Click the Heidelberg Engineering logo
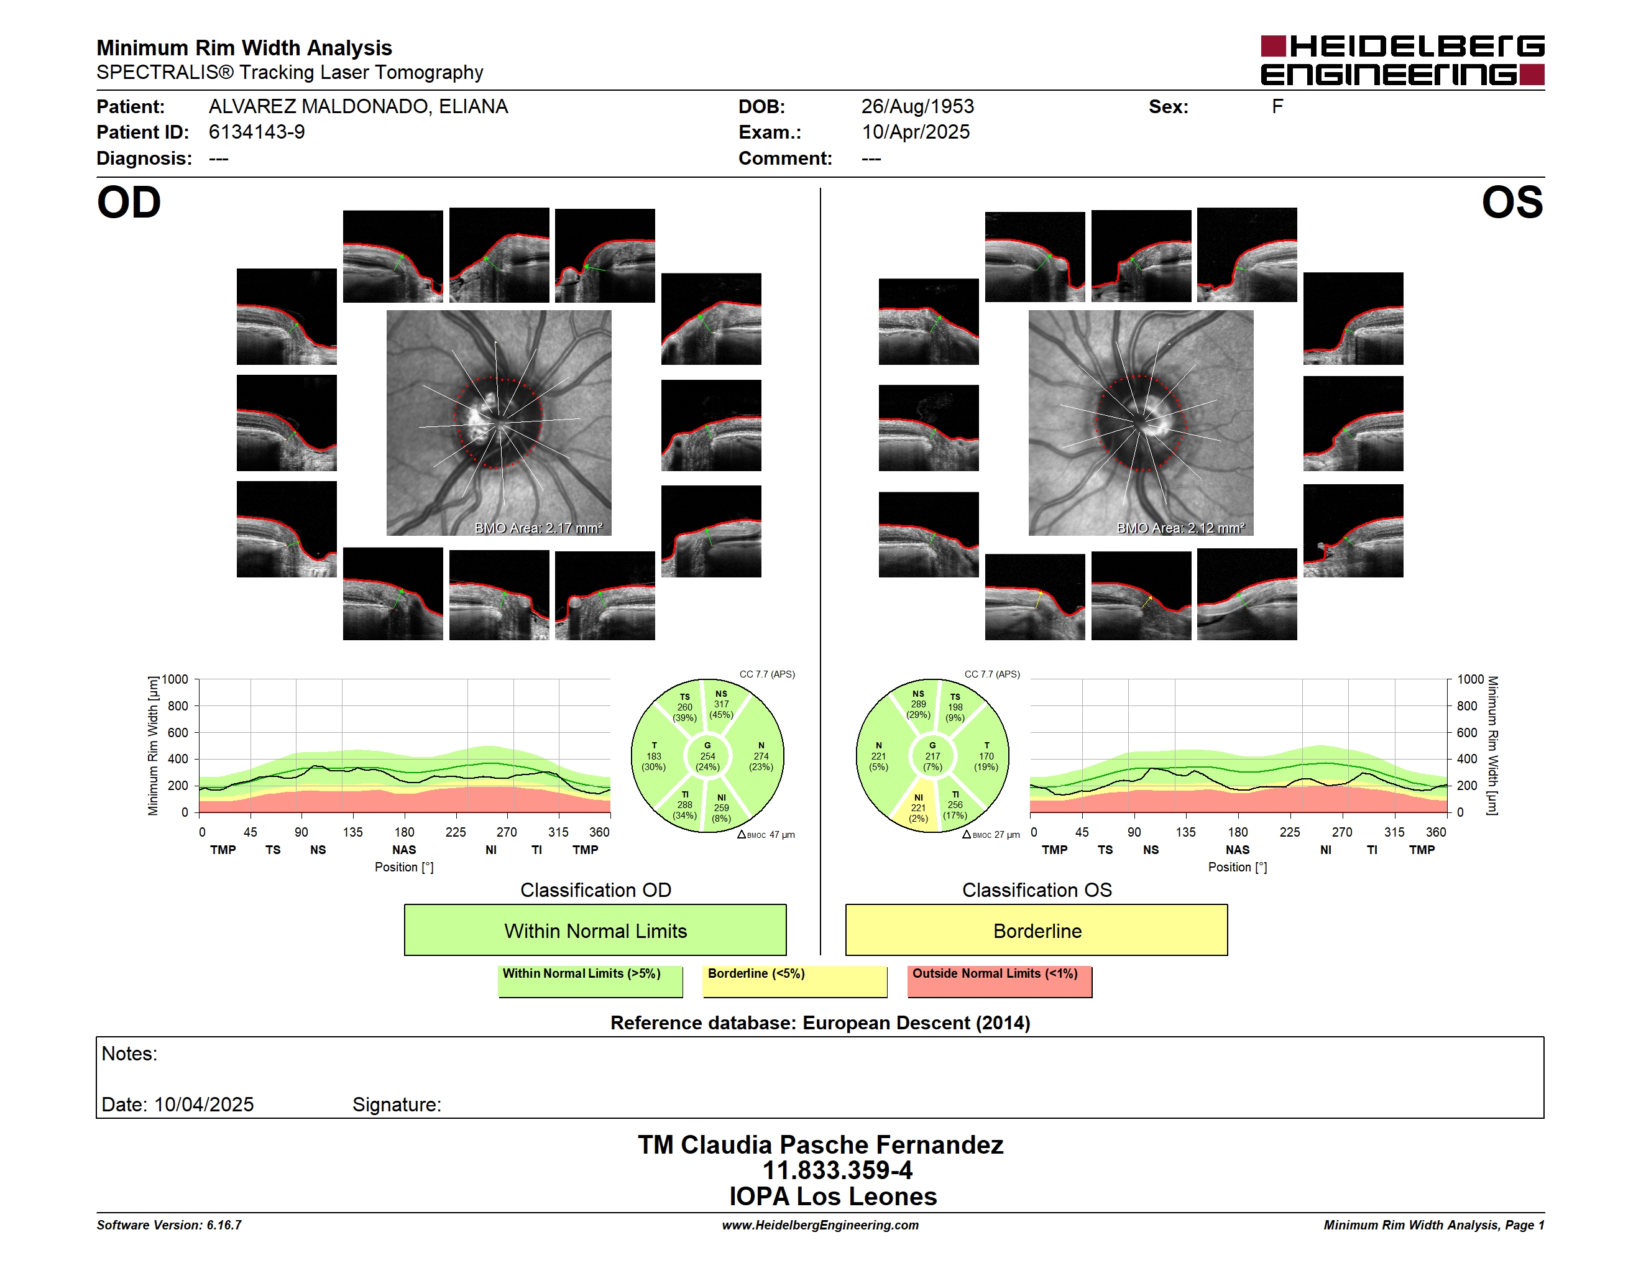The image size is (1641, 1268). click(x=1402, y=60)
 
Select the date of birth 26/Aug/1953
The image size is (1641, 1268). click(x=917, y=107)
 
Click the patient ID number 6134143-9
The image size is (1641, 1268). click(x=257, y=132)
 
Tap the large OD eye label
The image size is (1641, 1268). click(x=129, y=203)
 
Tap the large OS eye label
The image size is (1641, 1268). click(x=1512, y=203)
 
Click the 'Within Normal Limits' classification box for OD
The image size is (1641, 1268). click(x=595, y=930)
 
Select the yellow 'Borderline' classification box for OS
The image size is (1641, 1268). click(x=1037, y=930)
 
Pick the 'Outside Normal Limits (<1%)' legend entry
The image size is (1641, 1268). click(x=1000, y=981)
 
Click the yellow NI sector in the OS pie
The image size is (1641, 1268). click(x=917, y=807)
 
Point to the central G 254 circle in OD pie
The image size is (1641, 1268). click(x=707, y=756)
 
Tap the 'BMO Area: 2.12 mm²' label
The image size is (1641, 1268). click(x=1181, y=528)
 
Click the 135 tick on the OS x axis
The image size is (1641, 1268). click(x=1185, y=832)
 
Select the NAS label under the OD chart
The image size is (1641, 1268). click(x=404, y=850)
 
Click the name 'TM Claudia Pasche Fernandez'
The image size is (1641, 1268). click(x=820, y=1145)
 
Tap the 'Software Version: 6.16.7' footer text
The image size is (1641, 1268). click(x=169, y=1225)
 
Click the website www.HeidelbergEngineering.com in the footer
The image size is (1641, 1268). click(x=820, y=1225)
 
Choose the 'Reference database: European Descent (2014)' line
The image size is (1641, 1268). click(x=820, y=1023)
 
